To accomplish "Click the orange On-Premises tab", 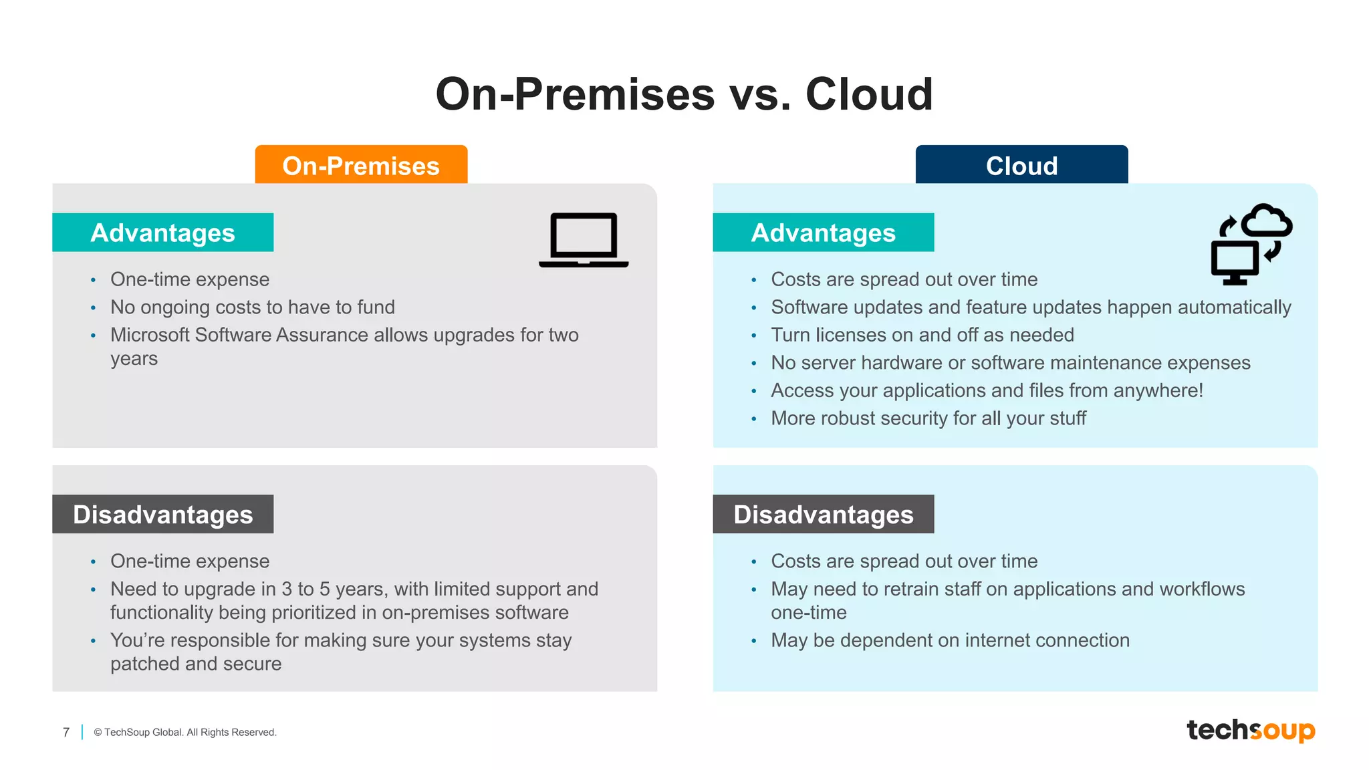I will (x=361, y=165).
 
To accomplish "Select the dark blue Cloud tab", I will (x=1021, y=165).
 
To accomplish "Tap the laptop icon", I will (x=584, y=240).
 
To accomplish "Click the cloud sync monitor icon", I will (x=1251, y=244).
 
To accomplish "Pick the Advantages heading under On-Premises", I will (x=162, y=233).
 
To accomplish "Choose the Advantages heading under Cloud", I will (x=823, y=233).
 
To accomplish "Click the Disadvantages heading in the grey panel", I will (x=162, y=514).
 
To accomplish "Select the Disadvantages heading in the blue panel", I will (x=823, y=514).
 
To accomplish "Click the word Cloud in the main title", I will (x=869, y=94).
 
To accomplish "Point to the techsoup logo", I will (x=1250, y=730).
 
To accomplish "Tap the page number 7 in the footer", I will (x=66, y=732).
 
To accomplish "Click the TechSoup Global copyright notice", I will (x=185, y=732).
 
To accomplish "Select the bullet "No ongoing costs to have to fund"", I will (x=253, y=307).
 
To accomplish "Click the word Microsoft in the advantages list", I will (x=150, y=335).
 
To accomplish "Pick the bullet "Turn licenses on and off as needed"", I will (x=922, y=335).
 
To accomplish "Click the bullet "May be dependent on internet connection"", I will (x=950, y=640).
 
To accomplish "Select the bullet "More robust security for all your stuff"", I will (x=928, y=418).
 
